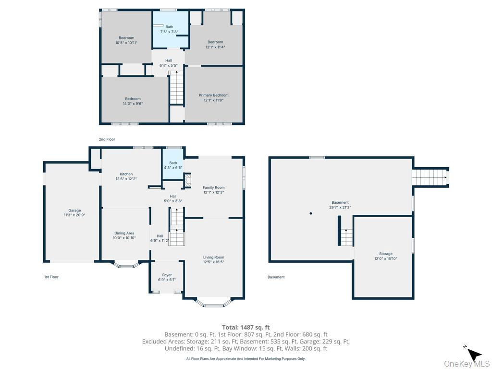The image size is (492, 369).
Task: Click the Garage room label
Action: click(x=74, y=210)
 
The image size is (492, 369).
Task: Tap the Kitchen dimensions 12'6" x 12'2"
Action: click(x=126, y=179)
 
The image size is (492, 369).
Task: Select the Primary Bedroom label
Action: click(x=214, y=95)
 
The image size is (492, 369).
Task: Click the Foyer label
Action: click(x=167, y=275)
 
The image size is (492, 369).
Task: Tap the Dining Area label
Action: click(x=124, y=233)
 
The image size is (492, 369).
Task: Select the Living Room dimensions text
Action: click(x=214, y=262)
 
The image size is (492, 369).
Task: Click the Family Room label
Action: click(x=214, y=188)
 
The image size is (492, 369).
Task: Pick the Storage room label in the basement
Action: click(x=386, y=254)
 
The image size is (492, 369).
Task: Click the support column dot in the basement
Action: click(x=311, y=213)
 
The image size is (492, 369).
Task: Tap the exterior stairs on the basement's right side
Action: click(x=430, y=177)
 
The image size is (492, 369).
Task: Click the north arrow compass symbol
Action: click(x=473, y=355)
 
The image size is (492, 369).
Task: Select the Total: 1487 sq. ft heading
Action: click(x=246, y=328)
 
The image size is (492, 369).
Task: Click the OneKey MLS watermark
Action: click(x=467, y=364)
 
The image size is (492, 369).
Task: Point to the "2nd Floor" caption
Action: click(x=107, y=139)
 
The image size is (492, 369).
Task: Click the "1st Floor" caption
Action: click(x=51, y=277)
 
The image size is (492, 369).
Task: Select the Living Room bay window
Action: click(x=213, y=303)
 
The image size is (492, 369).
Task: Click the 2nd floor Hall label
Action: click(x=169, y=61)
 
